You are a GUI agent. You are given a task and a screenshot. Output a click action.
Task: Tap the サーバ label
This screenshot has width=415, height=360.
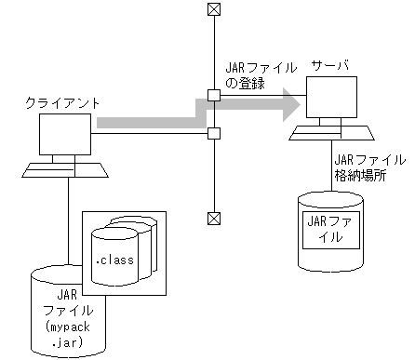(x=333, y=69)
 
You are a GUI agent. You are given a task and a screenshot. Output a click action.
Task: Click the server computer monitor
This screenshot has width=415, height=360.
(x=332, y=100)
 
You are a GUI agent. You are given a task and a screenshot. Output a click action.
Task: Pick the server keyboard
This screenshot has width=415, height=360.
(x=332, y=133)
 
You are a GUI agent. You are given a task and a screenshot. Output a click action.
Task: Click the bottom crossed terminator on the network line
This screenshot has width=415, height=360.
(x=214, y=219)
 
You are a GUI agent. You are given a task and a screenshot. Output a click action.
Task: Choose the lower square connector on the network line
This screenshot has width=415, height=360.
(x=214, y=134)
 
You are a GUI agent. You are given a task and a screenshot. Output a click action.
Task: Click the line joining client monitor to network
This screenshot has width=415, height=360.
(x=149, y=134)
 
